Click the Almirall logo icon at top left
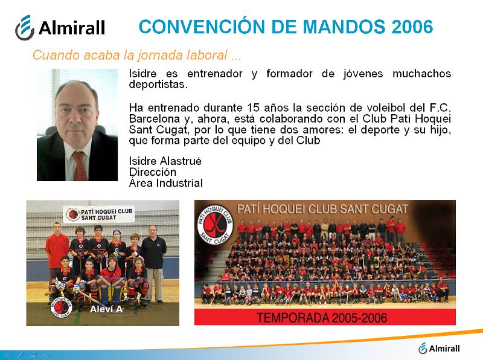[x=25, y=28]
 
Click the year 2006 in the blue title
[x=412, y=27]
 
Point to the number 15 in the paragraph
[x=253, y=108]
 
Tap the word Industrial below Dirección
[x=179, y=183]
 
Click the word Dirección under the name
[x=153, y=172]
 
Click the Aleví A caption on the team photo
[x=106, y=309]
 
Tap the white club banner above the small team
[x=99, y=214]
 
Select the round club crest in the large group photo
[x=216, y=225]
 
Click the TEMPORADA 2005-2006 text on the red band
[x=322, y=318]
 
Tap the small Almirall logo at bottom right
[x=439, y=349]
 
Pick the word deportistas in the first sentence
[x=158, y=85]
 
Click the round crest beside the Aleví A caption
[x=62, y=307]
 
